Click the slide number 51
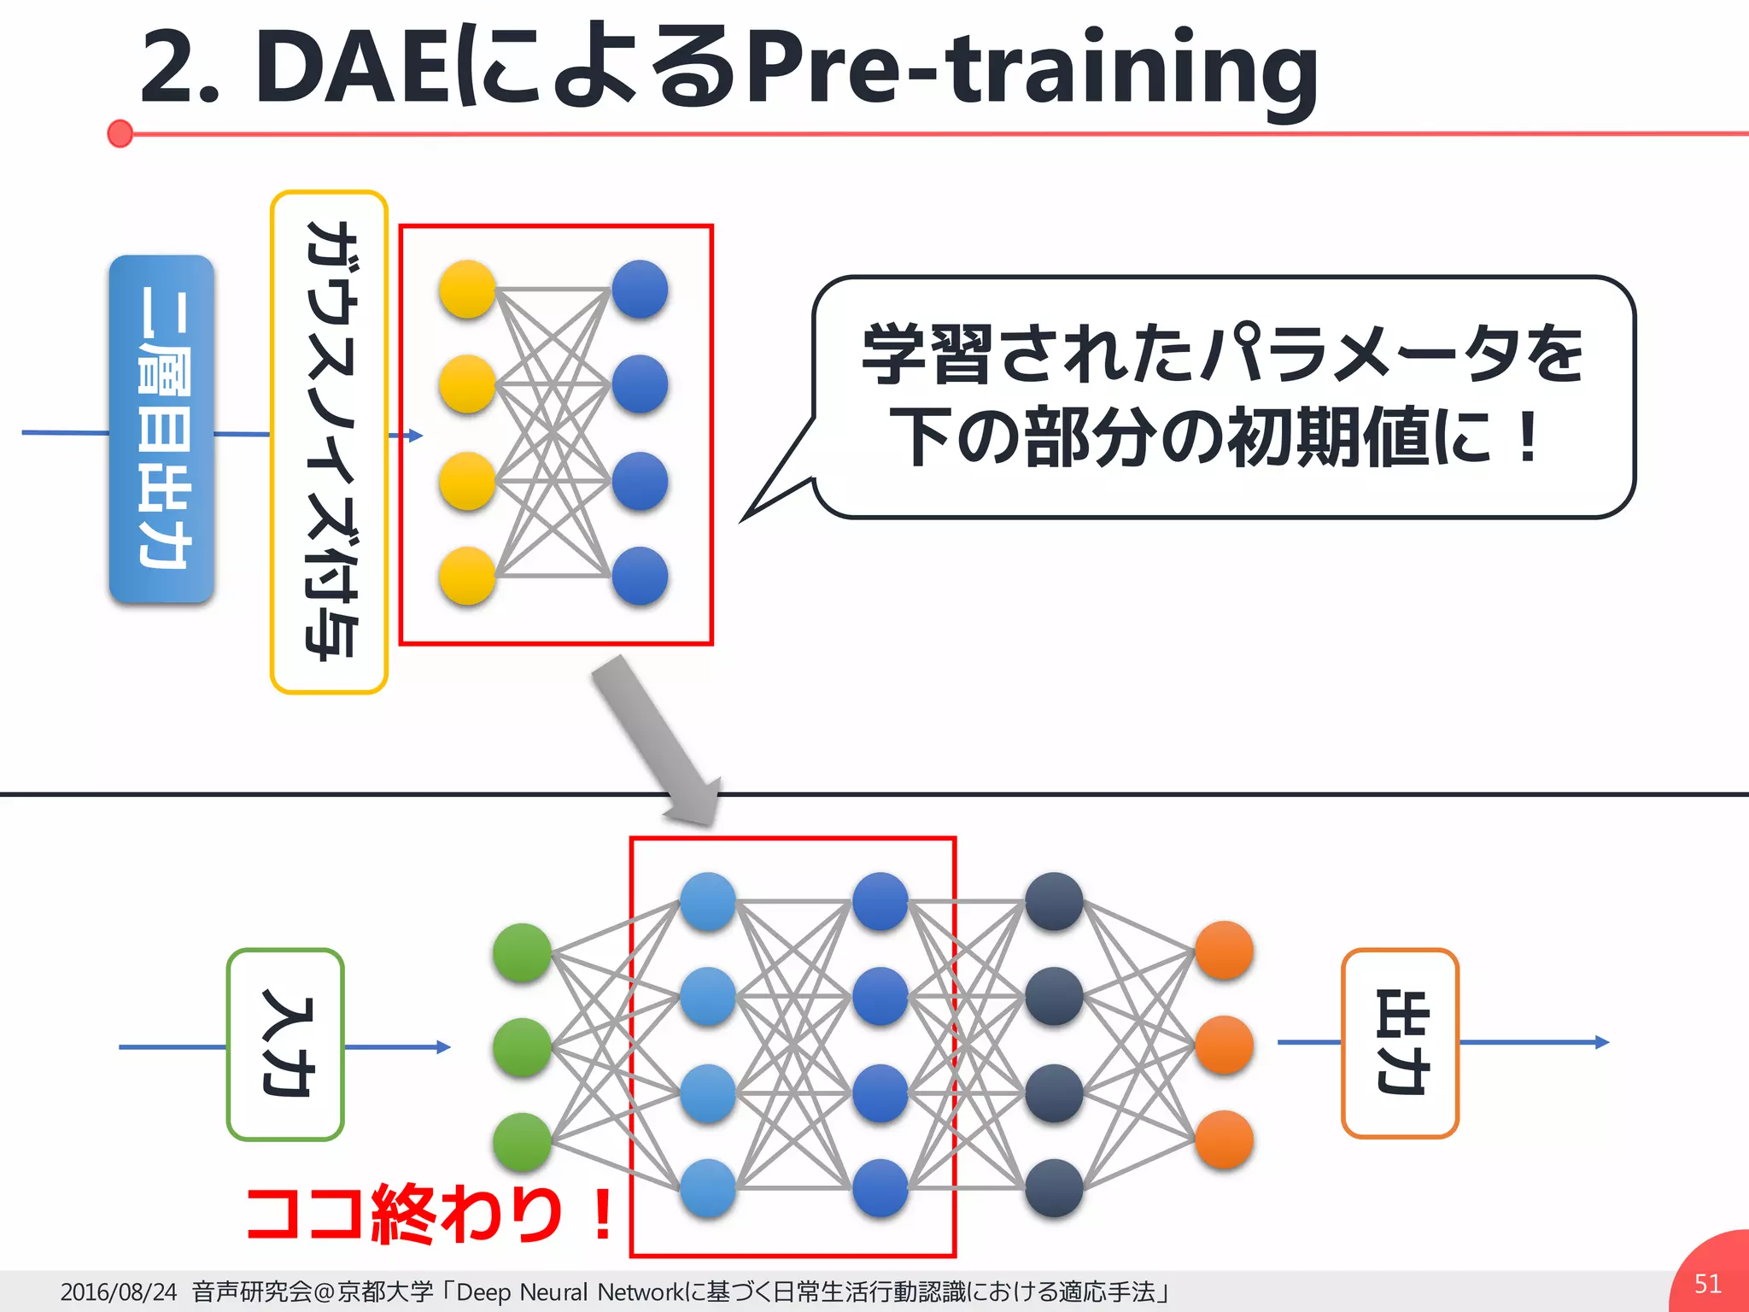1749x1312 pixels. click(1707, 1284)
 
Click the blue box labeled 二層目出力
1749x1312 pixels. click(161, 429)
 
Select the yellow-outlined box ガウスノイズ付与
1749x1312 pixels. click(329, 441)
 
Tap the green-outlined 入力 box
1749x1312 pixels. click(285, 1045)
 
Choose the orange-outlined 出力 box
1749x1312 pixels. click(1400, 1043)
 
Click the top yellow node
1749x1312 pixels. click(467, 290)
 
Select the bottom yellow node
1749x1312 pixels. click(467, 576)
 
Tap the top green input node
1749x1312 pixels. click(522, 952)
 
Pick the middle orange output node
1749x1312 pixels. click(1224, 1045)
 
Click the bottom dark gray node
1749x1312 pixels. click(1054, 1187)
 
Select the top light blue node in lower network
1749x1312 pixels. click(708, 901)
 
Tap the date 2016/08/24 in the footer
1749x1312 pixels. click(118, 1291)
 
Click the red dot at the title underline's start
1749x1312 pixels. click(120, 134)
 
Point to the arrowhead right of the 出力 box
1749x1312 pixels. click(1602, 1042)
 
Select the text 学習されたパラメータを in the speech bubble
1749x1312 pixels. click(1223, 354)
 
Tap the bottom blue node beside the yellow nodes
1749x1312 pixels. click(640, 576)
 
